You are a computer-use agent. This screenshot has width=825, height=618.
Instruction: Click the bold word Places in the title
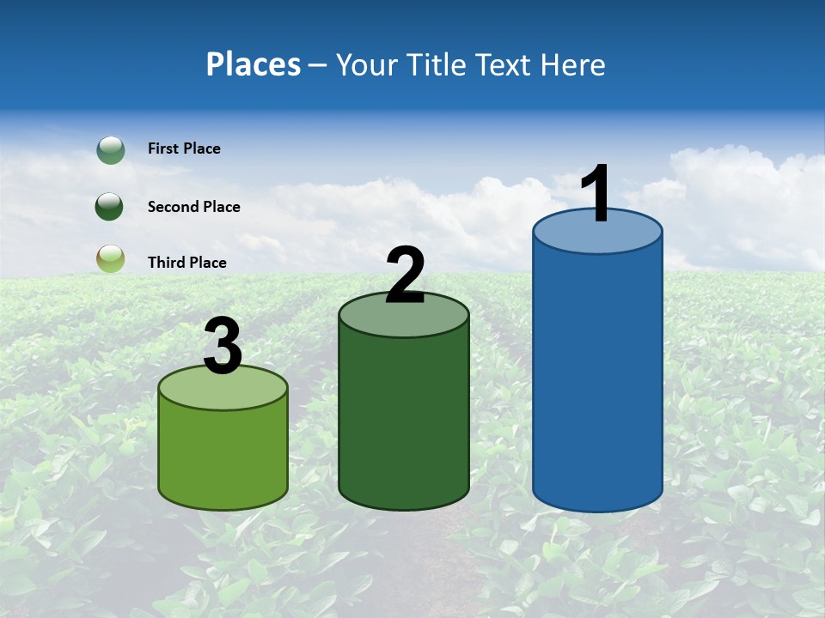(253, 64)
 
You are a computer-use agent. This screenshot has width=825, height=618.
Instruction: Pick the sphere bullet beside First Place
(111, 150)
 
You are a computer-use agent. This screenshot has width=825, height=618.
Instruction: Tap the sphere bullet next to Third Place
(111, 258)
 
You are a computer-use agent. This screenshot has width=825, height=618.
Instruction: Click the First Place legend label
(184, 148)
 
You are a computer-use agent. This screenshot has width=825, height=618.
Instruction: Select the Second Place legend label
(193, 207)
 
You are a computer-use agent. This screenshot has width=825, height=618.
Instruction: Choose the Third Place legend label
(186, 263)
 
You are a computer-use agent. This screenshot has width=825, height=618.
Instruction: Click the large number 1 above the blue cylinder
(596, 194)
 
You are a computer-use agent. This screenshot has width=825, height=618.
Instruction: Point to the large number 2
(405, 275)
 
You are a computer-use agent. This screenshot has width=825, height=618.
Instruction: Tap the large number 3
(223, 347)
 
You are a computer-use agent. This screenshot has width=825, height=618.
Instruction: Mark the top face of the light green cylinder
(223, 389)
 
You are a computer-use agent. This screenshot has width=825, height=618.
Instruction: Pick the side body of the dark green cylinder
(404, 421)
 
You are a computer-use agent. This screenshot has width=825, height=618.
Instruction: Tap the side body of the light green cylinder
(223, 455)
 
